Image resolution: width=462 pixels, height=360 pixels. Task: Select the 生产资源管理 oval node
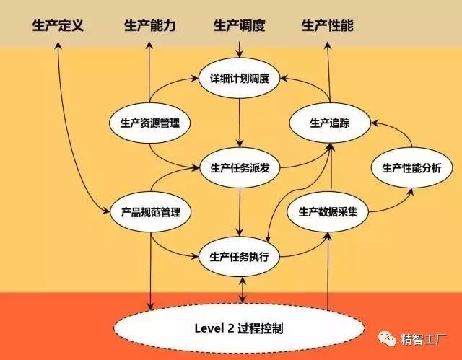(149, 123)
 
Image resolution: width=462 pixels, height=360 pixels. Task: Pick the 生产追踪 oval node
(329, 123)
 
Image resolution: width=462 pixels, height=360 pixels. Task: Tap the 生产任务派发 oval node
(239, 169)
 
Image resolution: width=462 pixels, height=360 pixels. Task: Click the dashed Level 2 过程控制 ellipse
(239, 328)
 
